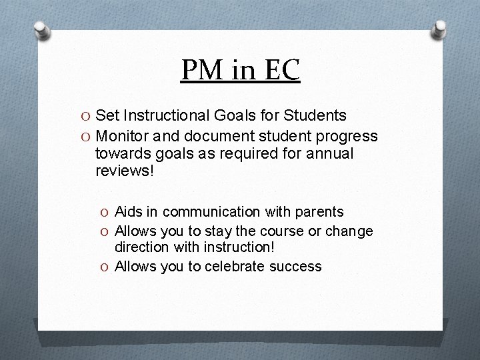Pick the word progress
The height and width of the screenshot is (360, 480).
click(346, 137)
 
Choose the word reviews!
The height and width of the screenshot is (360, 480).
click(123, 171)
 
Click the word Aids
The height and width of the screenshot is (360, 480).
click(129, 212)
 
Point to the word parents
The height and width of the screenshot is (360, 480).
click(315, 212)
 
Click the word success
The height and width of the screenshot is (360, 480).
click(297, 267)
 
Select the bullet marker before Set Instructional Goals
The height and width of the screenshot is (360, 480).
click(86, 116)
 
